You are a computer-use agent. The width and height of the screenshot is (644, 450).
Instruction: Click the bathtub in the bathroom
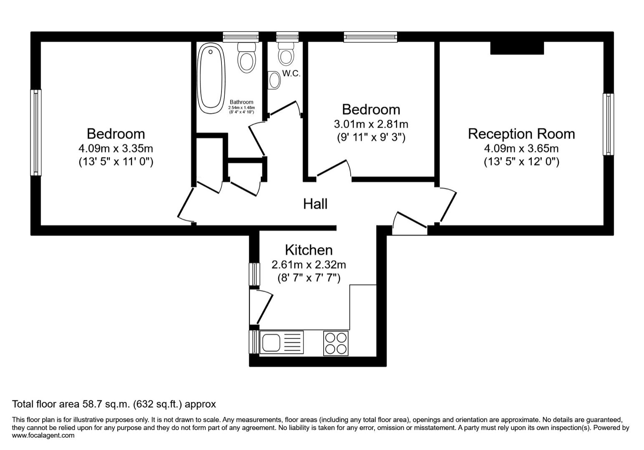pos(211,79)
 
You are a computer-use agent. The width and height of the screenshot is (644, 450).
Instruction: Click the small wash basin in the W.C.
pos(274,80)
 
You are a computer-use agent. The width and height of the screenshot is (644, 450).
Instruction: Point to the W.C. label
pos(291,74)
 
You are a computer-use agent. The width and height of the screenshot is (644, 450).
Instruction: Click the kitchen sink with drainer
pos(282,342)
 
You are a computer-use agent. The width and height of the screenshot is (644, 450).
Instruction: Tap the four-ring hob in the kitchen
pos(336,343)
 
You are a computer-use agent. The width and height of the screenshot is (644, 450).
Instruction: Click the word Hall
pos(315,204)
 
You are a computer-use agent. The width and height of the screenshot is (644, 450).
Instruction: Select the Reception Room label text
pos(521,134)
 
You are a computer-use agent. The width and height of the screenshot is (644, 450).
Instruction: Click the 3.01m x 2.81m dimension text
pos(371,124)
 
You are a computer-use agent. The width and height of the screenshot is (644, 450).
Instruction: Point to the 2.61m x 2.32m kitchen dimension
pos(309,265)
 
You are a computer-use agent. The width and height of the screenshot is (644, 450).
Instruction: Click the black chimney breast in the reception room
pos(517,48)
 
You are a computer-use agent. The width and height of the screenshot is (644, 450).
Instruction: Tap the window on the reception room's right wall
pos(608,124)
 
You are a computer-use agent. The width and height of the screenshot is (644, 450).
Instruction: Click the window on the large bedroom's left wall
pos(36,132)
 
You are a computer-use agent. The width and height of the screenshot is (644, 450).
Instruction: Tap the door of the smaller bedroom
pos(334,169)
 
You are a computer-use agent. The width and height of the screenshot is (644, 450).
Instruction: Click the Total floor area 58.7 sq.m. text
pos(114,404)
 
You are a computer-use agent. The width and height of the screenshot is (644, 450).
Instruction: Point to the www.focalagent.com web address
pos(43,435)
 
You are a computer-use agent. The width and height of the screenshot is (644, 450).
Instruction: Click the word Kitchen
pos(309,250)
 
